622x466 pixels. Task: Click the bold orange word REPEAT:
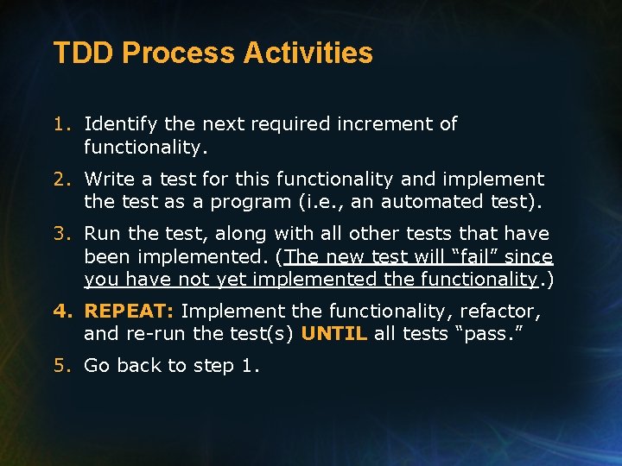click(x=130, y=311)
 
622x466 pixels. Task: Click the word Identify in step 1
click(x=117, y=124)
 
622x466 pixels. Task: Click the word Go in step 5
click(x=97, y=366)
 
